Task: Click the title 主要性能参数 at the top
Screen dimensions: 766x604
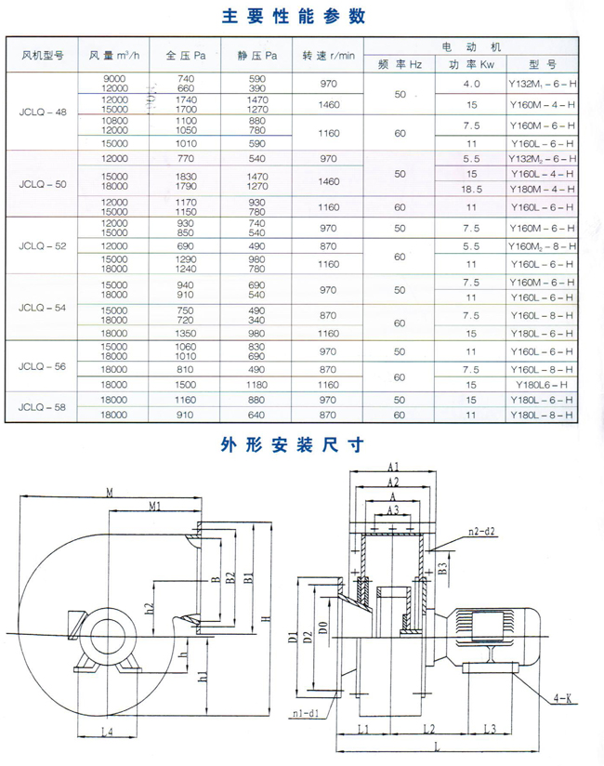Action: click(x=295, y=16)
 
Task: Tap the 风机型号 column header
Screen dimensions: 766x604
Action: click(x=42, y=56)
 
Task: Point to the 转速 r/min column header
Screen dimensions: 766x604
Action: click(x=328, y=56)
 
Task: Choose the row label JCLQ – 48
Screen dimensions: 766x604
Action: click(x=42, y=111)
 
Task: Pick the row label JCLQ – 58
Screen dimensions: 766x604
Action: click(x=42, y=407)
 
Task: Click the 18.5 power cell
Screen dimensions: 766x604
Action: click(x=471, y=190)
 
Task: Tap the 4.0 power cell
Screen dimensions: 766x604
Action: click(x=471, y=84)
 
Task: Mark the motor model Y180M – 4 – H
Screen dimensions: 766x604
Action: click(x=542, y=190)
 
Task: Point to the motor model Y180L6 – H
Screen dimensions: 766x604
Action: click(x=542, y=384)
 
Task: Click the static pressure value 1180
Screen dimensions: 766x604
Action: click(x=257, y=384)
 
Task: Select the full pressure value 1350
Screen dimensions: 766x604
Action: click(x=186, y=332)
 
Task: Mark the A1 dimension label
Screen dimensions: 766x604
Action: click(x=393, y=467)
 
